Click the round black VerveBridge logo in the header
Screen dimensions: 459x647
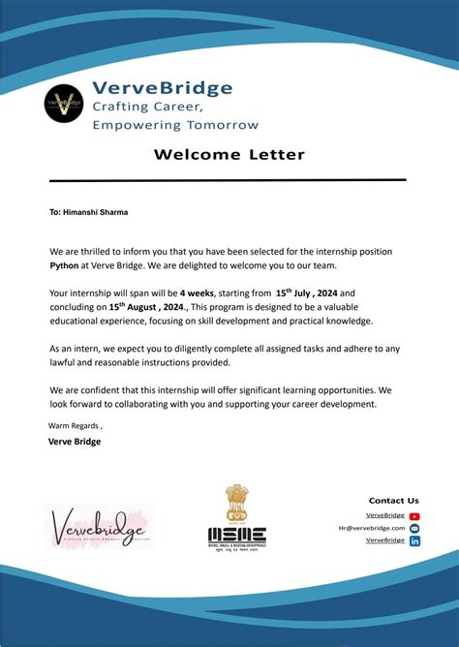[x=65, y=105]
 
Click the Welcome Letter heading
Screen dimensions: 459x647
[x=229, y=154]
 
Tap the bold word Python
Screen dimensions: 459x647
[x=65, y=262]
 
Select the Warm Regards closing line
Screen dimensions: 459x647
[x=76, y=425]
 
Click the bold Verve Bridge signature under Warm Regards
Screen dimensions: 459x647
[x=75, y=442]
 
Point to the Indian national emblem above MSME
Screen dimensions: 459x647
[x=237, y=503]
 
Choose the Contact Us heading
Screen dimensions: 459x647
[x=394, y=501]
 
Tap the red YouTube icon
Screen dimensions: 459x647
[x=414, y=516]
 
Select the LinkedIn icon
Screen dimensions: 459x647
[x=414, y=540]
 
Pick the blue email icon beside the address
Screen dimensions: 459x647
[x=414, y=528]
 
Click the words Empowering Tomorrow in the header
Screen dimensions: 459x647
[x=175, y=124]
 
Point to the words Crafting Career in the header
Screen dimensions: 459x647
[x=146, y=106]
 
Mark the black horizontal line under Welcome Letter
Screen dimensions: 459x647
[x=228, y=180]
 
